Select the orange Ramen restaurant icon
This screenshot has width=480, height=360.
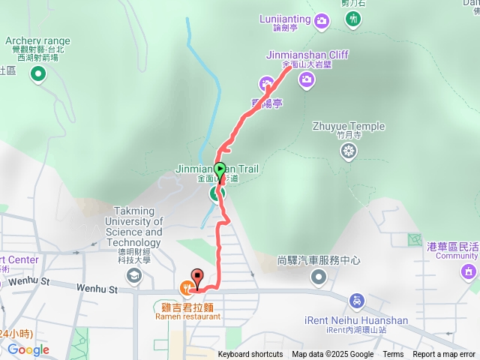(186, 286)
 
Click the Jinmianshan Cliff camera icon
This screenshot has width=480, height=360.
(306, 79)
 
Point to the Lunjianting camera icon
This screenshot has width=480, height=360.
(322, 19)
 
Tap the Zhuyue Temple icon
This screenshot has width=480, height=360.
(349, 151)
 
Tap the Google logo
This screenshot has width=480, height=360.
(28, 349)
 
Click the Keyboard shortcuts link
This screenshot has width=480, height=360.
(250, 355)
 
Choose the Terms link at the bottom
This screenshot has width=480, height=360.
(393, 355)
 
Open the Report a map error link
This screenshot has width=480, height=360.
(444, 355)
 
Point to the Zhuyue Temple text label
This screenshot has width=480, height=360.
(349, 127)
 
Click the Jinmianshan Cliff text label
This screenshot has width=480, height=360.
(307, 55)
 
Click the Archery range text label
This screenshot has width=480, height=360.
(37, 41)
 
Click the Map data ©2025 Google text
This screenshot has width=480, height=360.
(333, 355)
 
